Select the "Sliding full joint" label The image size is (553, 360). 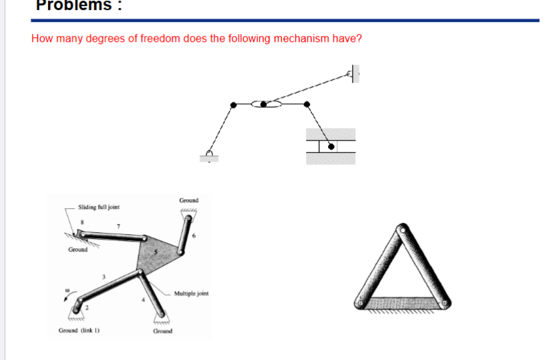[x=98, y=208]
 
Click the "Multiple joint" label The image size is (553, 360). [x=190, y=293]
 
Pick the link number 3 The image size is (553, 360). [x=103, y=276]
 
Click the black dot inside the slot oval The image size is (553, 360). [x=264, y=104]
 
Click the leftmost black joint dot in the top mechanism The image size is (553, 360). [x=233, y=105]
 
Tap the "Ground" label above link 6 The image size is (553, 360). [x=188, y=200]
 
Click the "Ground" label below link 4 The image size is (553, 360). [x=162, y=331]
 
